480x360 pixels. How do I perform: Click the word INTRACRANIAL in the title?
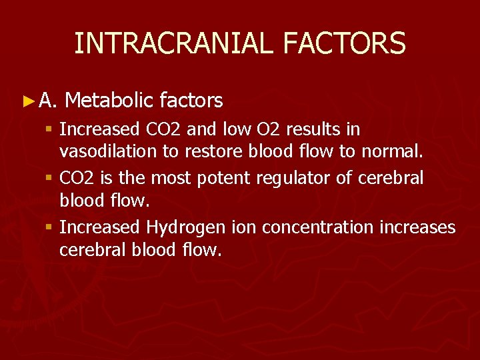(x=174, y=43)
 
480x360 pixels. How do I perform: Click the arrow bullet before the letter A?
(x=27, y=101)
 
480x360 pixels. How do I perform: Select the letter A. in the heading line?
(x=48, y=101)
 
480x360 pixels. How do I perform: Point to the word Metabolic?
(x=110, y=101)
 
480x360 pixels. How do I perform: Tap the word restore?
(x=202, y=151)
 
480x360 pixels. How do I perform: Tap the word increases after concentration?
(x=417, y=227)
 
